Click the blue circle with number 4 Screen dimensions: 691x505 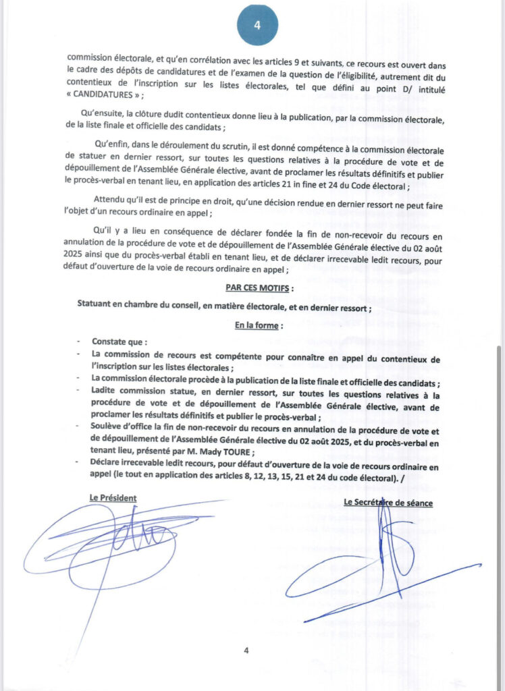[257, 25]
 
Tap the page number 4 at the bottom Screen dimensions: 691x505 [246, 651]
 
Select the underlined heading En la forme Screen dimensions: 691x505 [256, 325]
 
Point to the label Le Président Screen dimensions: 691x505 [113, 497]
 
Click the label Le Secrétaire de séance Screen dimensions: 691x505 [388, 502]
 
